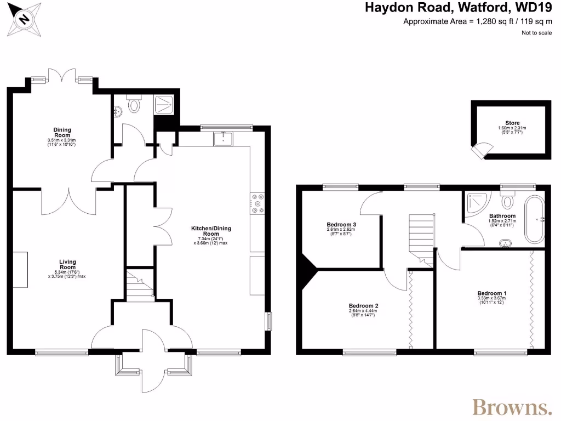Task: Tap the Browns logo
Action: coord(512,407)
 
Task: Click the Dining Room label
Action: coord(62,132)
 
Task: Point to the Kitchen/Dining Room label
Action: coord(205,230)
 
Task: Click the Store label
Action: coord(512,123)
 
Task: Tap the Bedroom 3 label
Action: coord(341,225)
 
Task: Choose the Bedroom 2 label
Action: coord(363,306)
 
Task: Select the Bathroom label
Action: coord(502,216)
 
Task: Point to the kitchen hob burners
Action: coord(257,203)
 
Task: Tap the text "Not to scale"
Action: coord(536,33)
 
